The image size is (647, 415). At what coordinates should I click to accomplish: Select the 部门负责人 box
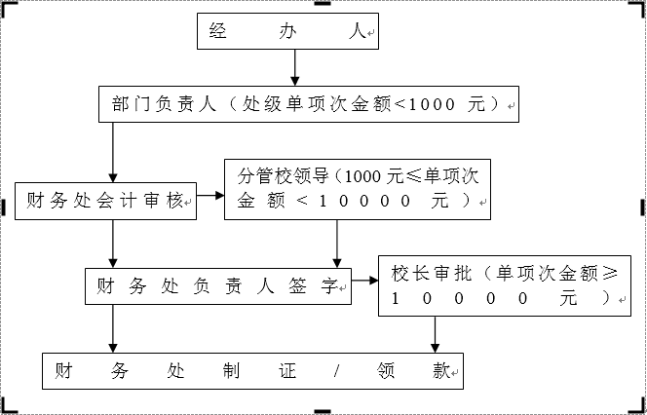point(310,103)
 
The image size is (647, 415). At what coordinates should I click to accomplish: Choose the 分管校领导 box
point(358,189)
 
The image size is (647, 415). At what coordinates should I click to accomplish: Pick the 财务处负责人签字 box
point(218,286)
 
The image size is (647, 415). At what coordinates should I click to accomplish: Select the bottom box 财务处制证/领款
point(251,371)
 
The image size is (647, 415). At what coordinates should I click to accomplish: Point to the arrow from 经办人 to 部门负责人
point(293,67)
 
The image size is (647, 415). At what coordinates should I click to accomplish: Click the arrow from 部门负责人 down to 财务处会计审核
point(114,151)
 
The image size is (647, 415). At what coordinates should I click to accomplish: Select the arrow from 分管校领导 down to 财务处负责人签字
point(337,242)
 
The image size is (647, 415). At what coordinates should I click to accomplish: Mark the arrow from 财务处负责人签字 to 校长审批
point(365,283)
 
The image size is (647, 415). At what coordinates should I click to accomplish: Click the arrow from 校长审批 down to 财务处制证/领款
point(435,333)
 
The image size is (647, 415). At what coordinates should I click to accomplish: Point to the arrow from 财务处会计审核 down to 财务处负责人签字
point(114,242)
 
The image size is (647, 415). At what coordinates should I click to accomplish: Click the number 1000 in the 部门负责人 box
point(422,103)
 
